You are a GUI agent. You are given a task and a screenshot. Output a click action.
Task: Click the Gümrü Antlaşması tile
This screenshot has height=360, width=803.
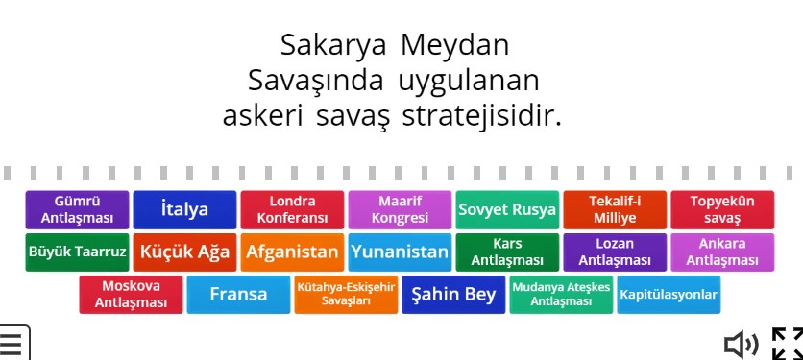[77, 210]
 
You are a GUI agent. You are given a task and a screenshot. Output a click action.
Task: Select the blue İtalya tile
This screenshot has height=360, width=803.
[184, 210]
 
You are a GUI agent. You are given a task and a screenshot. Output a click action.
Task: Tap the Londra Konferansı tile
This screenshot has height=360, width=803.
[292, 210]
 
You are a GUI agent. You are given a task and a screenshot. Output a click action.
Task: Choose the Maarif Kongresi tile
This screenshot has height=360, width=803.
[400, 210]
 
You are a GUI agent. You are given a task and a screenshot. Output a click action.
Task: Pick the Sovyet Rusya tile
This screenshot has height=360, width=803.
[507, 210]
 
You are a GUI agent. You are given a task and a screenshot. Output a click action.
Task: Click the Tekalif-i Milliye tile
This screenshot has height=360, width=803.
[615, 210]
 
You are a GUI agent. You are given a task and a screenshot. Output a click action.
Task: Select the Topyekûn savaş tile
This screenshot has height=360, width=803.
[722, 210]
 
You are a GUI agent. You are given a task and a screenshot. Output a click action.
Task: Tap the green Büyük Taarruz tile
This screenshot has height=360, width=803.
[77, 252]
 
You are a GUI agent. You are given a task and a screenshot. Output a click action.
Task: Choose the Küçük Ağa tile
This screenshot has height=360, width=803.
[184, 252]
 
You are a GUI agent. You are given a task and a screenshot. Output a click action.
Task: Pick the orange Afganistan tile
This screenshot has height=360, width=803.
[292, 252]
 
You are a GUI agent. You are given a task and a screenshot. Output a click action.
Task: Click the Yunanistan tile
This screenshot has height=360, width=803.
[400, 252]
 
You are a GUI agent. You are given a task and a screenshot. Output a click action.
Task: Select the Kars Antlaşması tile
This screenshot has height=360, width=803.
[507, 252]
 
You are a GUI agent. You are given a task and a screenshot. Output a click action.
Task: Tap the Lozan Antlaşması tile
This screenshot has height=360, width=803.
[615, 252]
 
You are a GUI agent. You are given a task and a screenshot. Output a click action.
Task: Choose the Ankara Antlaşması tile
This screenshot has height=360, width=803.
[722, 252]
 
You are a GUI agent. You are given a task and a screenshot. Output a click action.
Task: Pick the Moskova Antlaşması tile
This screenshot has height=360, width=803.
[131, 295]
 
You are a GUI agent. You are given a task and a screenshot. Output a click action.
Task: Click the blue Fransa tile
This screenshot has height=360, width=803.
[238, 295]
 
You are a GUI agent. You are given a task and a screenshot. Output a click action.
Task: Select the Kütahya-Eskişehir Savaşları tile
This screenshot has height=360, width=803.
[346, 295]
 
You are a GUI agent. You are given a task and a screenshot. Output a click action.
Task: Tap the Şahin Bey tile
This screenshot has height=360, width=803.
[453, 295]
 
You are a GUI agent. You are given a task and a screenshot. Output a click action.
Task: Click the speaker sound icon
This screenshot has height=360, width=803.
[740, 343]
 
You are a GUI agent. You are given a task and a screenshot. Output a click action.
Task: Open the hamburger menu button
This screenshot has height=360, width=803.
[12, 343]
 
